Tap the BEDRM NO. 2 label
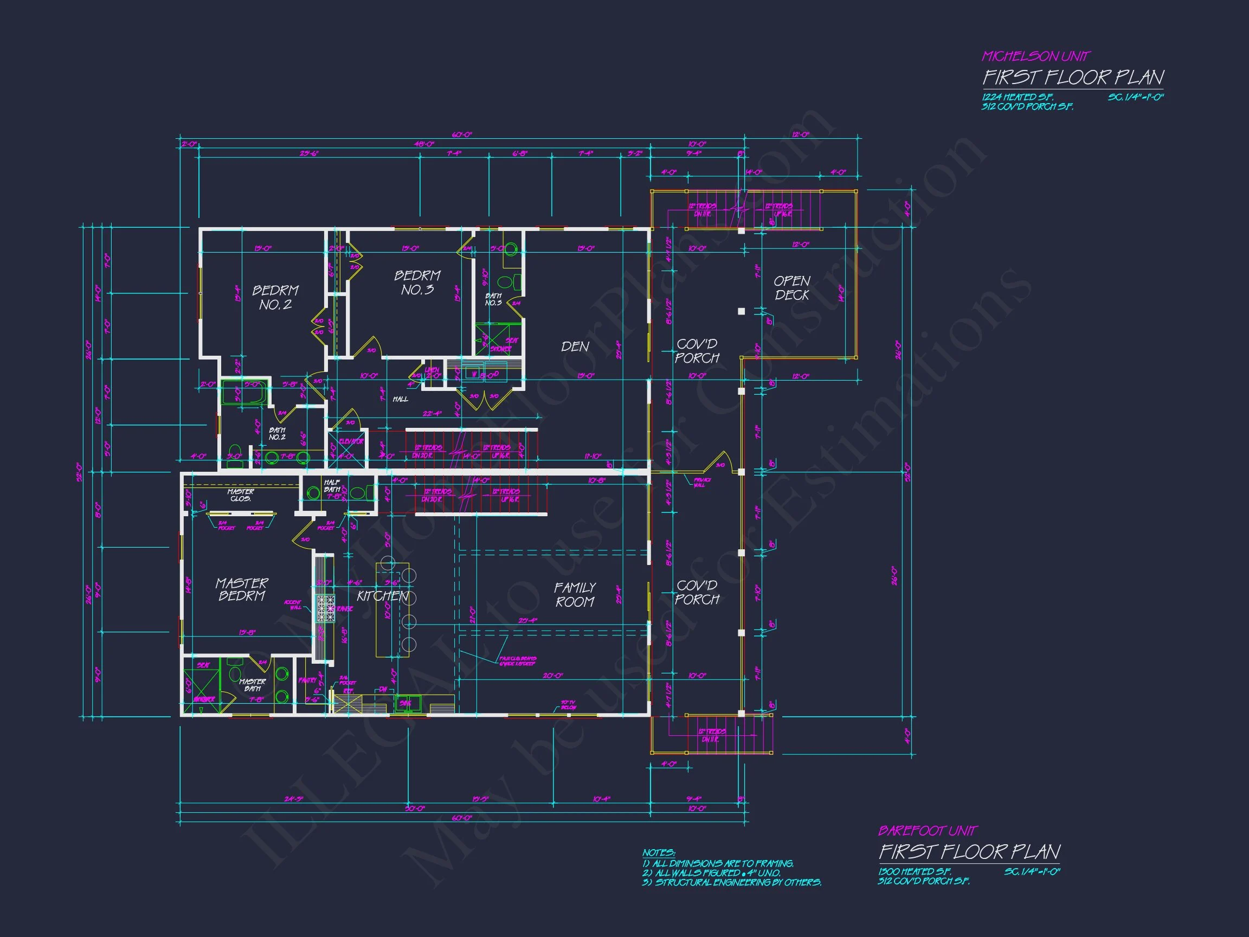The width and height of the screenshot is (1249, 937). [x=275, y=298]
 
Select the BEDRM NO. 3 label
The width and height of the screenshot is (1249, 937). [x=417, y=283]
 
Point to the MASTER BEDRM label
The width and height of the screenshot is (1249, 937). [x=242, y=589]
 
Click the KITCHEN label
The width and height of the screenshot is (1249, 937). [x=382, y=596]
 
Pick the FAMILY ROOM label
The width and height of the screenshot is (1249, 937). [x=575, y=595]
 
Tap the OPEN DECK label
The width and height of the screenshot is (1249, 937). [x=791, y=288]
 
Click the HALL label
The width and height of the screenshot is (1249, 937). [x=400, y=399]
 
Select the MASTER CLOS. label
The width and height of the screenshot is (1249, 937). [x=241, y=495]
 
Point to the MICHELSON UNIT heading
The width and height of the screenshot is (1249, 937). [x=1035, y=56]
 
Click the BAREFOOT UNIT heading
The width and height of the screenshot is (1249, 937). [x=927, y=831]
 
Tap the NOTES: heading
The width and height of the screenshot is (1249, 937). [x=658, y=853]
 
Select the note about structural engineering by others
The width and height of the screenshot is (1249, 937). [x=732, y=883]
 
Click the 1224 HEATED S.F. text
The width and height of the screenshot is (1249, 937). [x=1018, y=97]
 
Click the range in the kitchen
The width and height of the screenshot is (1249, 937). [x=325, y=609]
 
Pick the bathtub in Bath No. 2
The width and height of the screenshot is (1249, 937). [x=244, y=393]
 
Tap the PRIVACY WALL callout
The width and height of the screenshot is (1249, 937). [x=703, y=483]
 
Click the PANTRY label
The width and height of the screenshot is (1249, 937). [x=307, y=681]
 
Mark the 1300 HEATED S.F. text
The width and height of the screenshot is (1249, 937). [x=914, y=872]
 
